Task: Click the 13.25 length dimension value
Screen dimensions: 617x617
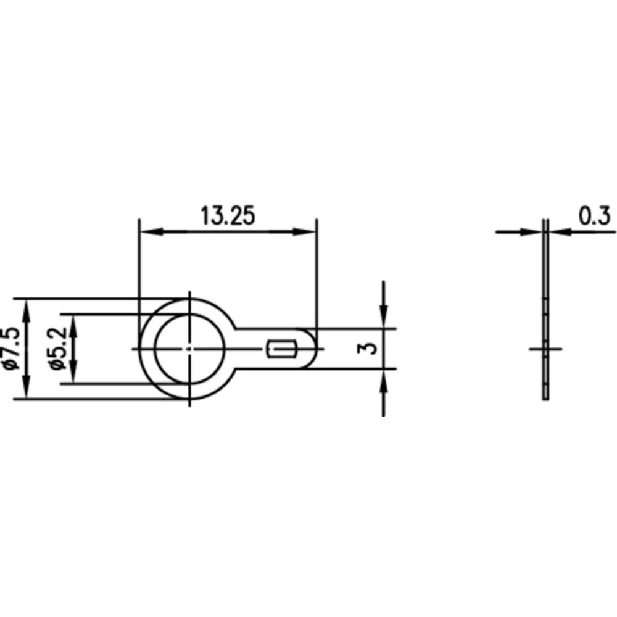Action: (x=227, y=217)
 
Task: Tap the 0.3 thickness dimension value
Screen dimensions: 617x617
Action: (x=595, y=216)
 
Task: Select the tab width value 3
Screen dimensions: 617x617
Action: (x=370, y=349)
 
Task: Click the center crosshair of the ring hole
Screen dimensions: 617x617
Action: (x=188, y=349)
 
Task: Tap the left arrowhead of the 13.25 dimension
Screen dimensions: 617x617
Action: (x=148, y=232)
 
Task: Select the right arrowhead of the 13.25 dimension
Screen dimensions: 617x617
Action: (x=307, y=232)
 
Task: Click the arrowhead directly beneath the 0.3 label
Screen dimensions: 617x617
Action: (x=558, y=232)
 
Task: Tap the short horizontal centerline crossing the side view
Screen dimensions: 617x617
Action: (x=545, y=349)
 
